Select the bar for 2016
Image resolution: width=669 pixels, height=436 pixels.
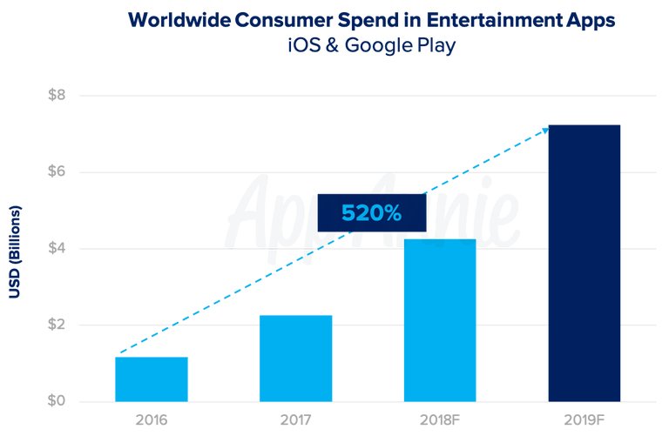click(152, 379)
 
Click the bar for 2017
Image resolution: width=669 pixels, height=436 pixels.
click(295, 359)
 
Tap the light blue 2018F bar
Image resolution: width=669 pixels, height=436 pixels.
click(440, 320)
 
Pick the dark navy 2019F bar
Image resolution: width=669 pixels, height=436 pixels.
click(584, 264)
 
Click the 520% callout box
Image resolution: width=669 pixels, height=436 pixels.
click(372, 212)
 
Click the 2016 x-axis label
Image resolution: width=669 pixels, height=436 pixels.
click(152, 419)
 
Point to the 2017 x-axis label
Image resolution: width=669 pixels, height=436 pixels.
click(295, 419)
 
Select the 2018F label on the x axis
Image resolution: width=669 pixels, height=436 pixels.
click(440, 419)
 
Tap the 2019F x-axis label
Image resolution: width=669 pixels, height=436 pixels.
click(584, 419)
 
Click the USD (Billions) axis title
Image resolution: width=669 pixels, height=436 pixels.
click(14, 252)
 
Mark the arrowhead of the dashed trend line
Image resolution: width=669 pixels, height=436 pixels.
click(545, 130)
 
